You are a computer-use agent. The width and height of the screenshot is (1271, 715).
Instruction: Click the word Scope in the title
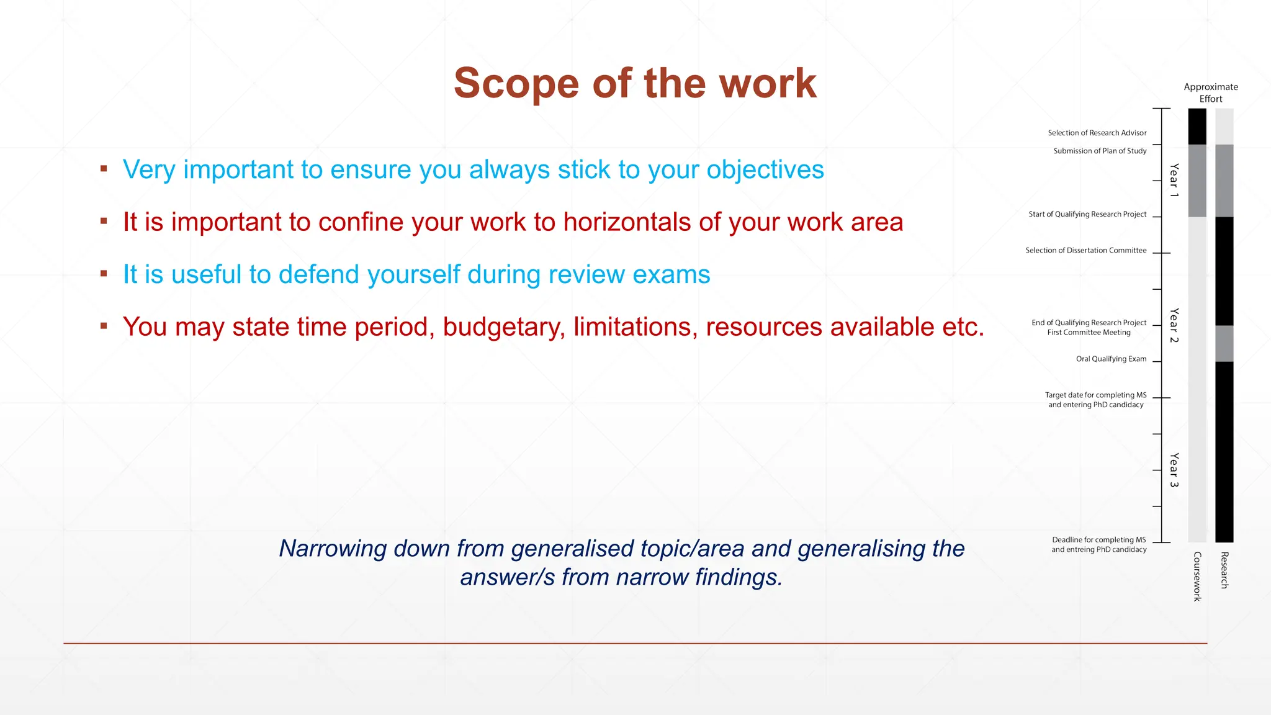pyautogui.click(x=516, y=84)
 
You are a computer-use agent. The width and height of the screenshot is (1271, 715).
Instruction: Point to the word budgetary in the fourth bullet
pyautogui.click(x=503, y=327)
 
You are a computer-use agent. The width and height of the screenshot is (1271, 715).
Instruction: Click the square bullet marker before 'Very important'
pyautogui.click(x=104, y=168)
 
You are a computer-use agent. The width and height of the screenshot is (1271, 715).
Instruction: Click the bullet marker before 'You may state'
pyautogui.click(x=104, y=325)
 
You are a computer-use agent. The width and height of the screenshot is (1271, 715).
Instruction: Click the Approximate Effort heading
pyautogui.click(x=1210, y=92)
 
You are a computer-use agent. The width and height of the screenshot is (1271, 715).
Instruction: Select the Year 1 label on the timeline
pyautogui.click(x=1174, y=181)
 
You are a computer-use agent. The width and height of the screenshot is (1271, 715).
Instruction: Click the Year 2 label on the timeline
pyautogui.click(x=1174, y=325)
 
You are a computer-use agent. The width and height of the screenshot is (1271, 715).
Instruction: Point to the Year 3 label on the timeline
pyautogui.click(x=1174, y=470)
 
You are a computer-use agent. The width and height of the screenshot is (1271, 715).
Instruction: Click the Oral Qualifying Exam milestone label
pyautogui.click(x=1111, y=359)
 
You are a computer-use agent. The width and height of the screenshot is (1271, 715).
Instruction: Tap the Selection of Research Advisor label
pyautogui.click(x=1097, y=133)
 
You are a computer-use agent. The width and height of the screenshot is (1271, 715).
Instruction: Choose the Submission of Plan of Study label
pyautogui.click(x=1100, y=151)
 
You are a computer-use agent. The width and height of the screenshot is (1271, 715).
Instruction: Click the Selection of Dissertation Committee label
pyautogui.click(x=1085, y=250)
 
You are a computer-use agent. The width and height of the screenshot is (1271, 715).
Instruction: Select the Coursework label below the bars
pyautogui.click(x=1197, y=577)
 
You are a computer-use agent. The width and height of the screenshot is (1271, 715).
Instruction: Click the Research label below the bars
pyautogui.click(x=1224, y=570)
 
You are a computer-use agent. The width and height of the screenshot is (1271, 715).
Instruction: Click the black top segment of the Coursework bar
pyautogui.click(x=1197, y=126)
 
